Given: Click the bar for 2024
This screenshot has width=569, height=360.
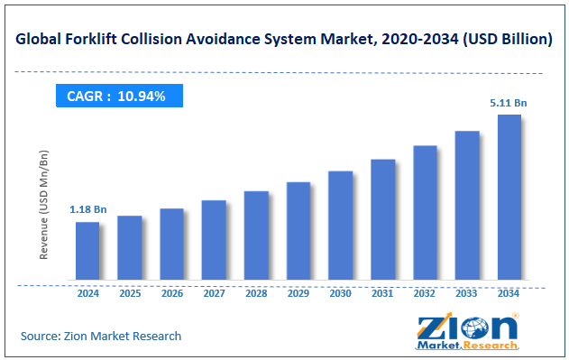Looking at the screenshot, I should click(87, 250).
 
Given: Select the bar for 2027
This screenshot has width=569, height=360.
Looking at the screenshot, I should click(214, 239).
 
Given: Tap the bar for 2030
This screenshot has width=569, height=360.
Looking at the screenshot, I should click(340, 225).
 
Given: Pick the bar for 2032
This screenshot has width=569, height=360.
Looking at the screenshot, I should click(425, 212).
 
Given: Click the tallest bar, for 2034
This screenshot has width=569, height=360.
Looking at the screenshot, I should click(509, 197).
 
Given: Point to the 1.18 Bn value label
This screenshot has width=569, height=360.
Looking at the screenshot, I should click(87, 209).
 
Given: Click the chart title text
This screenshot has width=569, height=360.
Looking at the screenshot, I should click(283, 39).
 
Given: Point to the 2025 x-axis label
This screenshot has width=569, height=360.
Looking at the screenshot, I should click(129, 293).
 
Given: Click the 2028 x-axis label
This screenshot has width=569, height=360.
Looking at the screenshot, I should click(256, 293).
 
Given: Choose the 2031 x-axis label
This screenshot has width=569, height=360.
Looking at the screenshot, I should click(382, 293).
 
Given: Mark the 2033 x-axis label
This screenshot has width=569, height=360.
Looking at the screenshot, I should click(466, 293).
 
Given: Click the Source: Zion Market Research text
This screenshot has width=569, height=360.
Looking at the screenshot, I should click(101, 336).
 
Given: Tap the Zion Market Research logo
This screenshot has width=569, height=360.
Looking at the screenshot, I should click(467, 330).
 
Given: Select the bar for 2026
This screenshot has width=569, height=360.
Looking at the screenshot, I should click(171, 244).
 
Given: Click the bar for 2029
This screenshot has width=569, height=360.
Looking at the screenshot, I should click(298, 230).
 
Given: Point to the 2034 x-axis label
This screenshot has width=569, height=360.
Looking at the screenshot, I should click(509, 293).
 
